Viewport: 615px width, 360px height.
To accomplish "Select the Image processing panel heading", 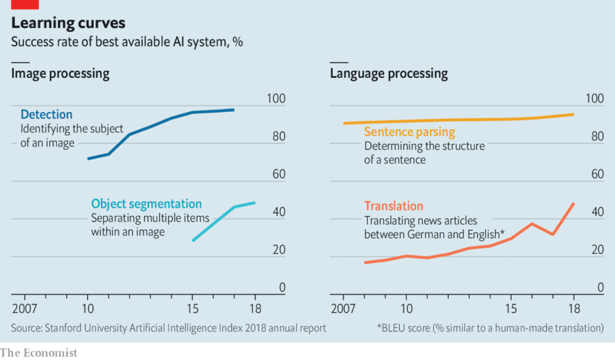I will [x=60, y=73].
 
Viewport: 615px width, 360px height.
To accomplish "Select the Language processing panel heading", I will [x=389, y=73].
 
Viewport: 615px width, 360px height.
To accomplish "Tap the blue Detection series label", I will [x=46, y=114].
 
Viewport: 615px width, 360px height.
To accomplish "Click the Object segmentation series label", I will [x=146, y=204].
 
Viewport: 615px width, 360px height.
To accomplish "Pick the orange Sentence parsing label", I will [x=409, y=132].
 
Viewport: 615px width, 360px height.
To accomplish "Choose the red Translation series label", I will [x=394, y=206].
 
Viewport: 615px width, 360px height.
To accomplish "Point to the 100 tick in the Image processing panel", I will [x=275, y=99].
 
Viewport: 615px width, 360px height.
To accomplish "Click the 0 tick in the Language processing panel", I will [x=601, y=288].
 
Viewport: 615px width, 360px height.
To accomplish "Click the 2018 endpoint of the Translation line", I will [x=573, y=204].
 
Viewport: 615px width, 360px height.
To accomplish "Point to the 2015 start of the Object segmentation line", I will [x=193, y=240].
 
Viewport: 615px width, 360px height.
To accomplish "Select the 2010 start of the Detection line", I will [x=88, y=159].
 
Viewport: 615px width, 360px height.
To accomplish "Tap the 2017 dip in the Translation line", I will [x=552, y=234].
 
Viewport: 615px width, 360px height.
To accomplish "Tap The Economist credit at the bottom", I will [x=39, y=352].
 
